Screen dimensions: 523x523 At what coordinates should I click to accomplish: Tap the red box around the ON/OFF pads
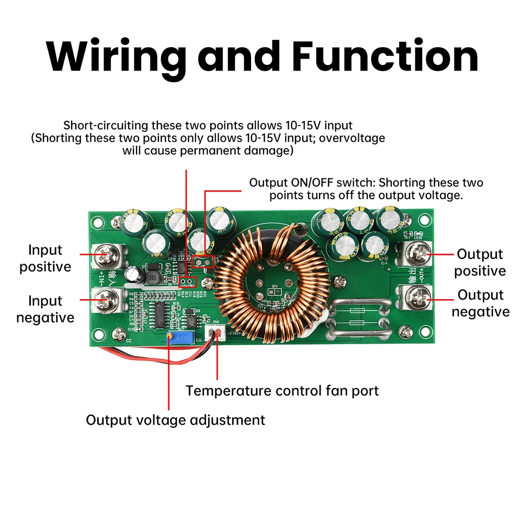tap(203, 260)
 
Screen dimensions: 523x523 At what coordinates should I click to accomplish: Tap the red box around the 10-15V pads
tap(187, 282)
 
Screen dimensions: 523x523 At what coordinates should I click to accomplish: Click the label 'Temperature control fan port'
tap(282, 391)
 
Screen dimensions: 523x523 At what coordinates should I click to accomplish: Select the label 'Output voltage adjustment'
tap(176, 419)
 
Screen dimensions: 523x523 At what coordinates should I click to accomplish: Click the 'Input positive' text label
tap(45, 258)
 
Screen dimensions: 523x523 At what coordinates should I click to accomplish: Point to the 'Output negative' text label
tap(480, 303)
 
